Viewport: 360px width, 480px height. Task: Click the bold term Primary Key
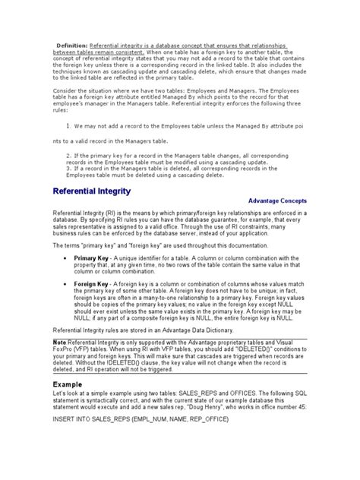[93, 259]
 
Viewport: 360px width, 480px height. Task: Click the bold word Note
[58, 343]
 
